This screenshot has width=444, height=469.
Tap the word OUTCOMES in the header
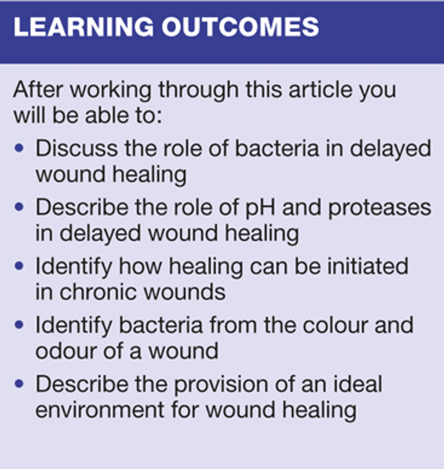[240, 27]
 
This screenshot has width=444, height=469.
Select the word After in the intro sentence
[38, 89]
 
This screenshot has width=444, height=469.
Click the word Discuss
[76, 148]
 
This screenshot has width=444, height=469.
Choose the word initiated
[368, 266]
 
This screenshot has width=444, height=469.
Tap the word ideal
[358, 384]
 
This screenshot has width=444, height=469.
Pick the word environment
[100, 410]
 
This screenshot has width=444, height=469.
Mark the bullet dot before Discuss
[19, 148]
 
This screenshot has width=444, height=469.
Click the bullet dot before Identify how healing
[19, 266]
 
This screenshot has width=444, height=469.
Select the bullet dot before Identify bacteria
[19, 325]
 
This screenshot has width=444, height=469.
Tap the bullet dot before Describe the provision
[19, 384]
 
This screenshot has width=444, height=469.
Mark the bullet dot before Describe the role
[19, 207]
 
